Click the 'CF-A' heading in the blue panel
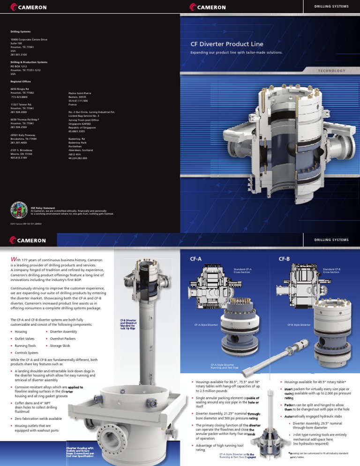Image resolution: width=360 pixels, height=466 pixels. [196, 258]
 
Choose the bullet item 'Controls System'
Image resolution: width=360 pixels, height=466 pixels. [28, 352]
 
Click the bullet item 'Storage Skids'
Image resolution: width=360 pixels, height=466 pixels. [60, 346]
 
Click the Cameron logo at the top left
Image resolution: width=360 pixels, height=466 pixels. [29, 7]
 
